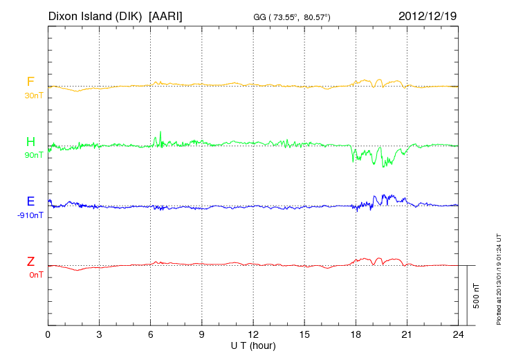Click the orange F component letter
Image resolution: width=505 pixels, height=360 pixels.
(x=30, y=82)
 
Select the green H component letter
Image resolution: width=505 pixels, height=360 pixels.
(x=30, y=142)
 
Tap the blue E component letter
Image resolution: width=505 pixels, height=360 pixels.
(x=30, y=201)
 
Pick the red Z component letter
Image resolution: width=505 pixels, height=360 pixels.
(x=30, y=261)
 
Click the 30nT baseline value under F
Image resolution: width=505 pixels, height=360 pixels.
(x=33, y=96)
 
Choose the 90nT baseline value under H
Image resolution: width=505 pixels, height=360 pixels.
(x=33, y=155)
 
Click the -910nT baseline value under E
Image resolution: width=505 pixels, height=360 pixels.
(x=30, y=215)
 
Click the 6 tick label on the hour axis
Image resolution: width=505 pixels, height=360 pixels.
(x=151, y=334)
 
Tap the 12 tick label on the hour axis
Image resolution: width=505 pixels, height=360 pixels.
(x=253, y=334)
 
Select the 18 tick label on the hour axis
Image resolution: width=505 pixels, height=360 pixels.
(x=356, y=334)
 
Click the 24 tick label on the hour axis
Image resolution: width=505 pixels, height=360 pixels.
(x=458, y=334)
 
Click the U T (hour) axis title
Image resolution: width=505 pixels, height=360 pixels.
(x=253, y=345)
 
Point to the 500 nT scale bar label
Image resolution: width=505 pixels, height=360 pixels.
(x=477, y=295)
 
